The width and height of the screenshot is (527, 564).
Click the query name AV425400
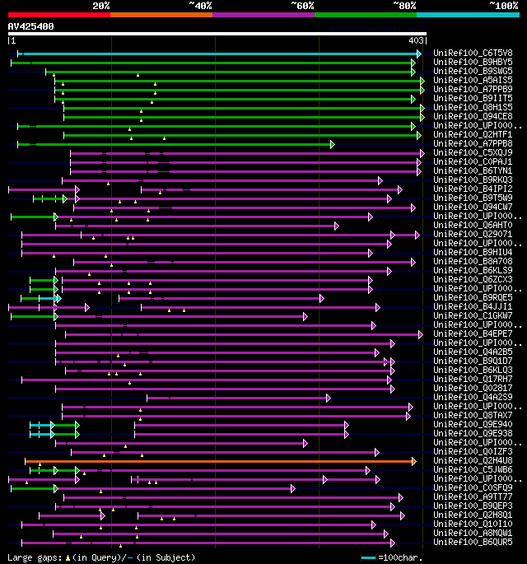31,26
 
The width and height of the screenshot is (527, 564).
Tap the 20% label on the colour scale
101,5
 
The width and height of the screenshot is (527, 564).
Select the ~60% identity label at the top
303,5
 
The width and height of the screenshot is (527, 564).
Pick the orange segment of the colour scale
161,14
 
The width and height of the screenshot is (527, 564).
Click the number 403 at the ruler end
416,40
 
